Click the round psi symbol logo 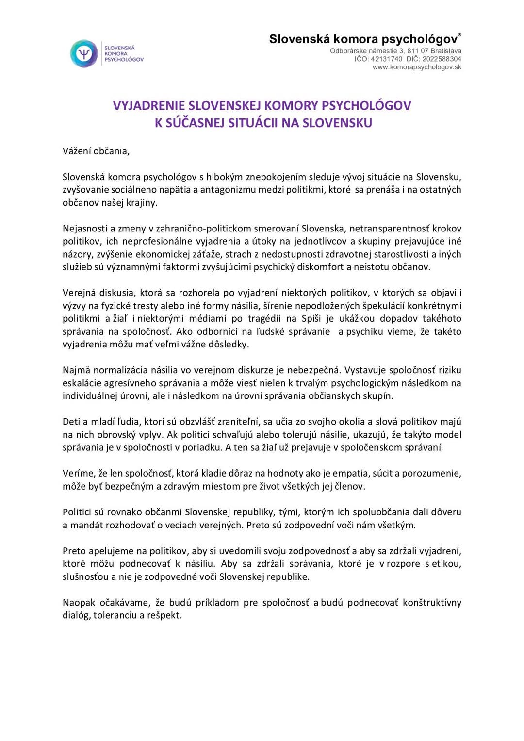coord(84,53)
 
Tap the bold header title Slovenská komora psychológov coord(363,39)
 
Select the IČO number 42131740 coord(386,59)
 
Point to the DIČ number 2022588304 coord(442,59)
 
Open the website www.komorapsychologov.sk coord(417,67)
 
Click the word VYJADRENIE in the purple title coord(149,106)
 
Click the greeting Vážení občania coord(96,151)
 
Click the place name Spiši coord(311,319)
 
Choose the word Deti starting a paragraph coord(72,422)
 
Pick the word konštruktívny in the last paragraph coord(432,603)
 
